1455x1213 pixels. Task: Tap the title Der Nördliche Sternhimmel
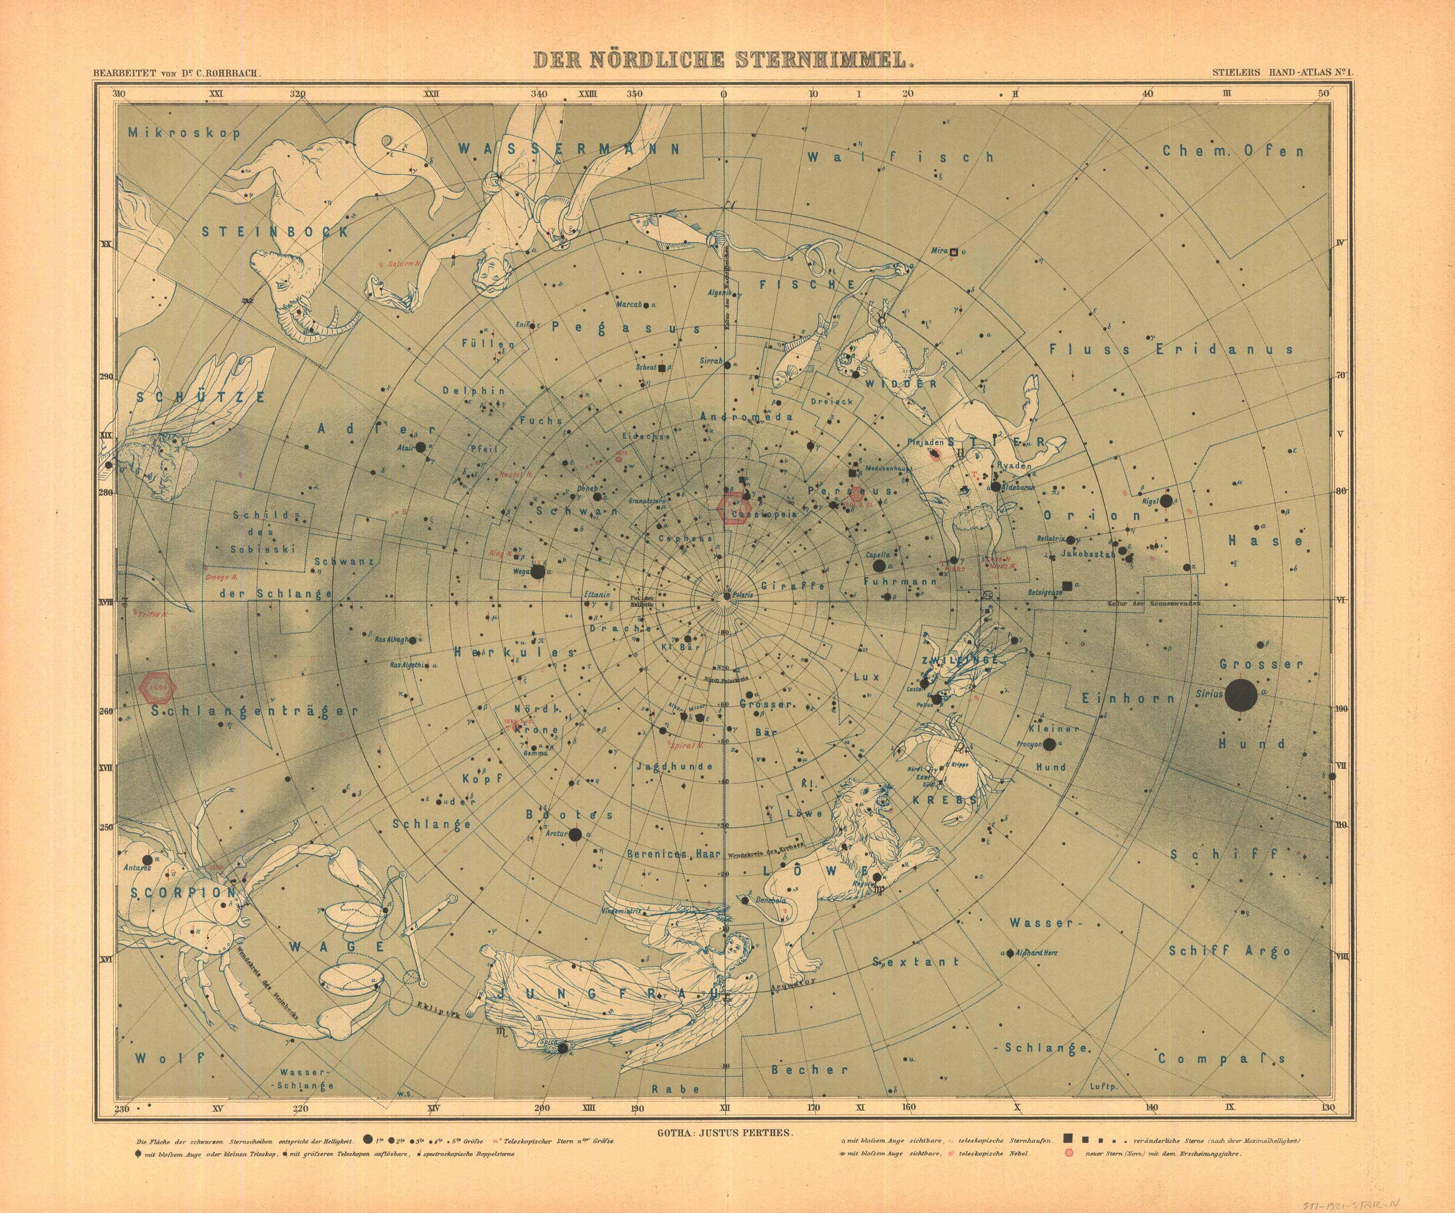[720, 60]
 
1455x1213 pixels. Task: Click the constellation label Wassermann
[568, 149]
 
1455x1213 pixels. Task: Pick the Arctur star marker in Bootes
[575, 835]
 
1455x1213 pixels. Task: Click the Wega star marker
[538, 571]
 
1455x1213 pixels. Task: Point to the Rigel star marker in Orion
[1166, 501]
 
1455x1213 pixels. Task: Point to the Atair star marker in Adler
[420, 448]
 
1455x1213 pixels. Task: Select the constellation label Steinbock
[275, 232]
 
